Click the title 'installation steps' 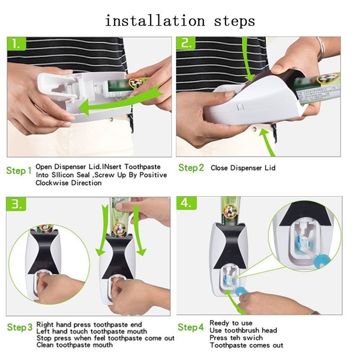pyautogui.click(x=180, y=21)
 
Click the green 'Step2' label pyautogui.click(x=191, y=168)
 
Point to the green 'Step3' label pyautogui.click(x=19, y=327)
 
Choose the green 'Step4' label pyautogui.click(x=191, y=327)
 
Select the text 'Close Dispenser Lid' pyautogui.click(x=243, y=168)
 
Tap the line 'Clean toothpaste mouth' pyautogui.click(x=74, y=345)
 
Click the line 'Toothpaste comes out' pyautogui.click(x=247, y=345)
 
